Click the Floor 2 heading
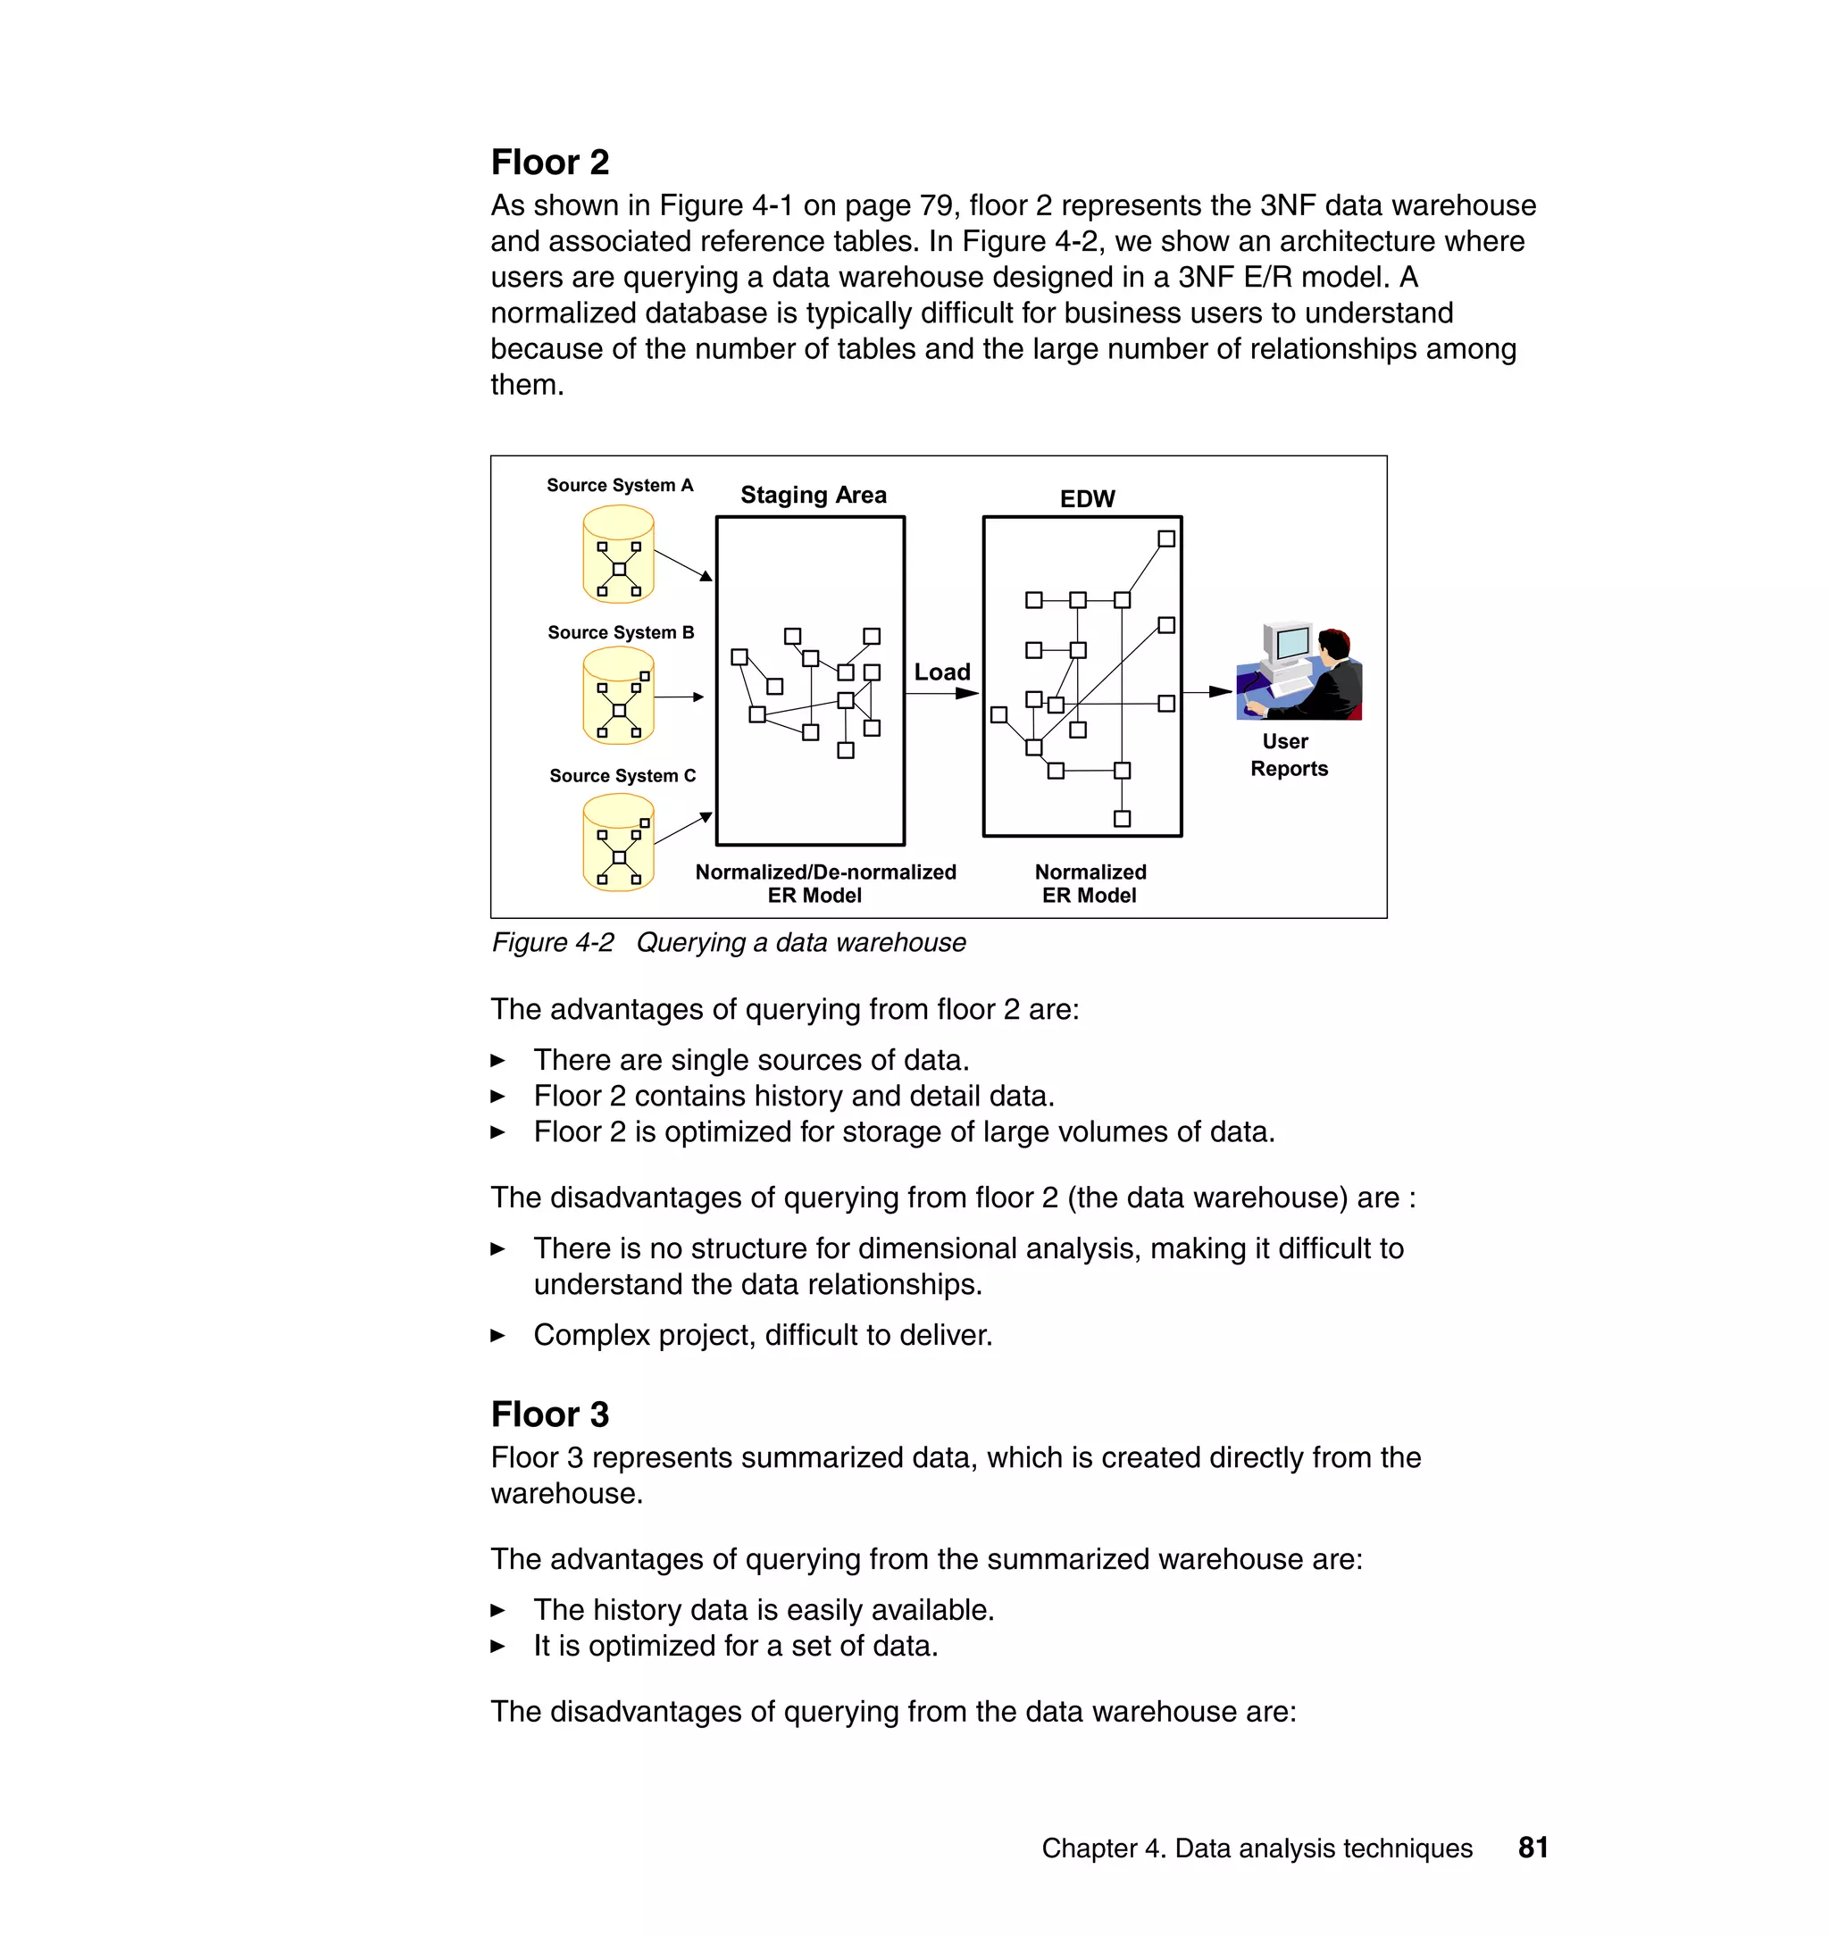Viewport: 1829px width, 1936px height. (x=550, y=162)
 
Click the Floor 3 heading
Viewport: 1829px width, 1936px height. (x=550, y=1414)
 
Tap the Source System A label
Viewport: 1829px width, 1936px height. (x=619, y=486)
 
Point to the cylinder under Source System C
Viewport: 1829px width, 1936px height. (x=618, y=842)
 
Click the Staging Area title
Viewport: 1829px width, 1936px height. (x=813, y=496)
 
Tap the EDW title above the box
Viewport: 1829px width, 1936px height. (x=1087, y=499)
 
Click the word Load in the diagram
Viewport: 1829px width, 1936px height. (x=942, y=672)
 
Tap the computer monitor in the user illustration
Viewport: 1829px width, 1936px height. (x=1290, y=643)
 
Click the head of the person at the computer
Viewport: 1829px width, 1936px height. (x=1333, y=646)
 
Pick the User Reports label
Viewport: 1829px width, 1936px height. (x=1288, y=755)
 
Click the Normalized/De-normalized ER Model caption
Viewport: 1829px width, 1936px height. (x=825, y=883)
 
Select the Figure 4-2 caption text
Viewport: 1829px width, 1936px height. (x=728, y=943)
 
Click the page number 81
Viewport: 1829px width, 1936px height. (x=1533, y=1848)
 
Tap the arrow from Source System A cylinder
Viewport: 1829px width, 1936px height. (x=683, y=565)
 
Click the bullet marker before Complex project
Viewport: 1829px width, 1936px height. (x=497, y=1336)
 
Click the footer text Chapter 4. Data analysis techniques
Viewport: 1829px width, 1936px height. (x=1256, y=1848)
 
